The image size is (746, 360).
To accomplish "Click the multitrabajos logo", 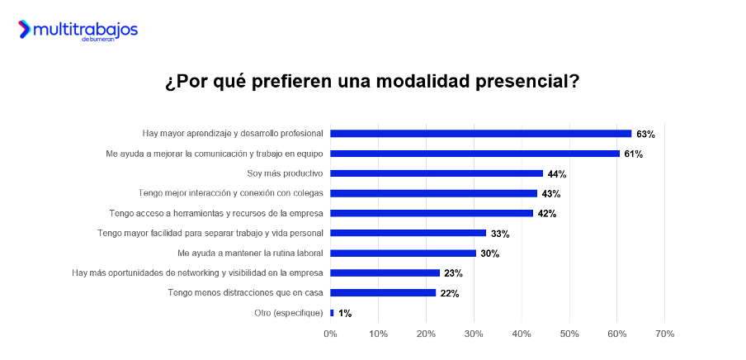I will click(78, 31).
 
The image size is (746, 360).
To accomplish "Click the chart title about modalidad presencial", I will click(372, 83).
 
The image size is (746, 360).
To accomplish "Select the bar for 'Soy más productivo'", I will click(437, 173).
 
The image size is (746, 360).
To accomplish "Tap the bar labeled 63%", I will click(480, 134).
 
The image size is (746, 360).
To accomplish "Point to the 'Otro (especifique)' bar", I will click(332, 313).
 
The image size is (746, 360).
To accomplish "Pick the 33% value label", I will click(500, 234).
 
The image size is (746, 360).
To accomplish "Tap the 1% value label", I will click(345, 313).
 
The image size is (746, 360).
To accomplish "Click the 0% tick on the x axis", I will click(330, 334).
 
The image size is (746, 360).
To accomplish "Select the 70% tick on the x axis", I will click(664, 334).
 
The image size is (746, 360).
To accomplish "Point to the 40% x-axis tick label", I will click(522, 334).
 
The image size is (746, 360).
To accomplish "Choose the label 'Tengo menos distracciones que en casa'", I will click(245, 292).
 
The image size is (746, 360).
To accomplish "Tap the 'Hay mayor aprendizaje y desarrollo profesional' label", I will click(233, 133).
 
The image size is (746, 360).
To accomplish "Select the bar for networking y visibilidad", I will click(385, 272).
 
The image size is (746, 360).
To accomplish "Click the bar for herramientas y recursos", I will click(432, 213).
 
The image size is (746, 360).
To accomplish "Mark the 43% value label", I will click(551, 194).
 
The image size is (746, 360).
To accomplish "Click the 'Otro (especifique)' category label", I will click(288, 312).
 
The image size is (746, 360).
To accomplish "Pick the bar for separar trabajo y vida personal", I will click(408, 233).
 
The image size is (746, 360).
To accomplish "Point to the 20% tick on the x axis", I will click(426, 334).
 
